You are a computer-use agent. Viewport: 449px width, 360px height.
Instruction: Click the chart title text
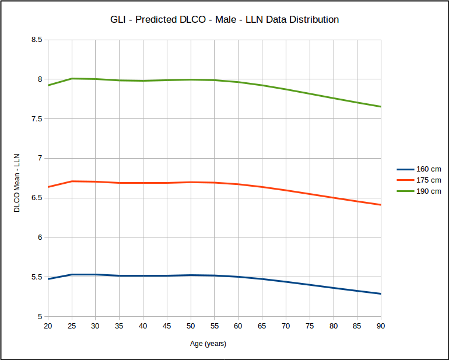tap(224, 19)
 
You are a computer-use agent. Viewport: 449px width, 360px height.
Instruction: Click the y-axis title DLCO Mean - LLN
tap(17, 183)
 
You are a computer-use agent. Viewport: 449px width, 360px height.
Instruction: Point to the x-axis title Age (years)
tap(208, 344)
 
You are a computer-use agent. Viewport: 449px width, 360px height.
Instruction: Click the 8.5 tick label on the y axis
tap(37, 40)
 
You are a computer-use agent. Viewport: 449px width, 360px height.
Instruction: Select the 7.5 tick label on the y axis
tap(37, 119)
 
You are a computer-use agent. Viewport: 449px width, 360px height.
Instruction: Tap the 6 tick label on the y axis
tap(40, 237)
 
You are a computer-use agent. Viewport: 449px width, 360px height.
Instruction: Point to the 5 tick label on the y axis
tap(40, 317)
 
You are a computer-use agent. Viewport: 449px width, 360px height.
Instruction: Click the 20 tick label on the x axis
tap(48, 326)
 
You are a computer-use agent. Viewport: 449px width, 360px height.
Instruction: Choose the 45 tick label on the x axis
tap(167, 326)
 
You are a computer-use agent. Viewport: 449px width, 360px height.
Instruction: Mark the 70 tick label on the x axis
tap(286, 326)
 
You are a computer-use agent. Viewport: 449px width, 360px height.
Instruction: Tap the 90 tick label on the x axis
tap(381, 326)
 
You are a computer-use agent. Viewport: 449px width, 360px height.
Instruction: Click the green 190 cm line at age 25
tap(72, 78)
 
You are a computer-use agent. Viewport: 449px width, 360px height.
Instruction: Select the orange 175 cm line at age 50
tap(191, 182)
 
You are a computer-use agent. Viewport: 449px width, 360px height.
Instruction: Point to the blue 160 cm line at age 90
tap(380, 293)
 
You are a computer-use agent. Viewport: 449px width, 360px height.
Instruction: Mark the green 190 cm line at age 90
tap(380, 107)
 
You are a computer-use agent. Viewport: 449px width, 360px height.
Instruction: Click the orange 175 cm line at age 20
tap(48, 187)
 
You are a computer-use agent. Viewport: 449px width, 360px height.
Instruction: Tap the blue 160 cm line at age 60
tap(238, 277)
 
